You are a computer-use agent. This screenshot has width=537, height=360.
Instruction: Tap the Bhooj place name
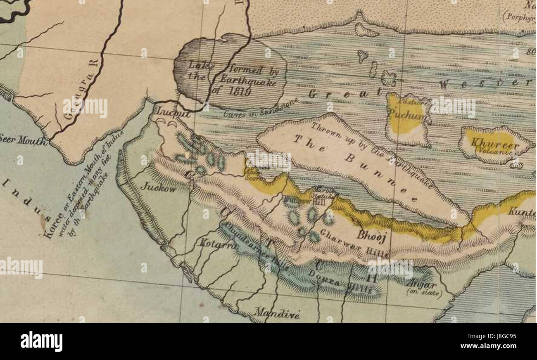click(x=371, y=237)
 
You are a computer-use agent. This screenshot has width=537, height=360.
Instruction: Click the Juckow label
click(x=158, y=187)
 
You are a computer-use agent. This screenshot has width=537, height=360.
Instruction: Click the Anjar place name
click(x=421, y=285)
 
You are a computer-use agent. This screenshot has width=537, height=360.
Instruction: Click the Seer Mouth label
click(x=23, y=141)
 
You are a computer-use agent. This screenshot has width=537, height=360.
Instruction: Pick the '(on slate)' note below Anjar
click(x=425, y=293)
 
